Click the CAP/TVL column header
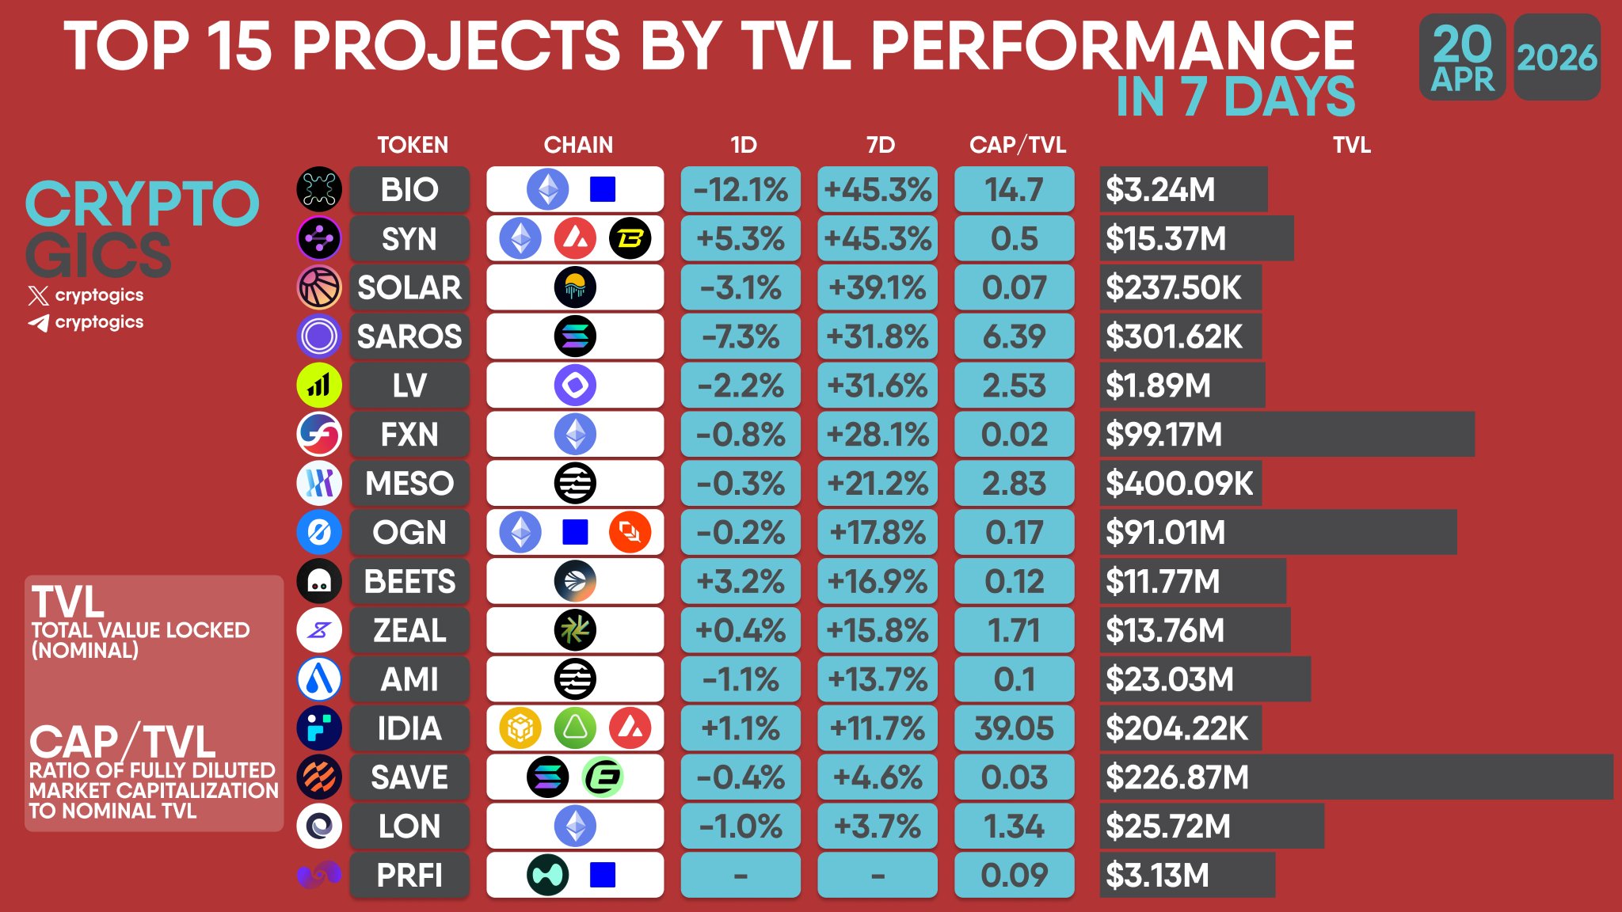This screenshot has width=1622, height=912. tap(1018, 145)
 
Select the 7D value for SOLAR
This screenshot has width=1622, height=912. tap(878, 287)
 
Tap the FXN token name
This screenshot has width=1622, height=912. tap(409, 435)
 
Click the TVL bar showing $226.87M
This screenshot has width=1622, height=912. tap(1356, 777)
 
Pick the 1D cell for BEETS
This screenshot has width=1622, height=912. tap(741, 582)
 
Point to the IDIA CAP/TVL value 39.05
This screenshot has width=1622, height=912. tap(1015, 728)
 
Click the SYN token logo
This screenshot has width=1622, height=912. tap(319, 238)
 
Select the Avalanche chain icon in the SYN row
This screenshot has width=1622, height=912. tap(575, 238)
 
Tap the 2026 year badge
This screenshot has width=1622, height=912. tap(1557, 58)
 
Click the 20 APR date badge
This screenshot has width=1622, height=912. tap(1463, 58)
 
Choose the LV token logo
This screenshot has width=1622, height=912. tap(319, 386)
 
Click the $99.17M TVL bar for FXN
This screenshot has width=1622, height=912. tap(1287, 435)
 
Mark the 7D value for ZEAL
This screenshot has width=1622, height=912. tap(878, 631)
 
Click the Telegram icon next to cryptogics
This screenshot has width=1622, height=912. tap(38, 323)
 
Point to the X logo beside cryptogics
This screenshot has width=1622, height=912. tap(38, 296)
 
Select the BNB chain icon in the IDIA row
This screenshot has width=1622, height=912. tap(520, 728)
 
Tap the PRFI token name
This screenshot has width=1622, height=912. tap(409, 876)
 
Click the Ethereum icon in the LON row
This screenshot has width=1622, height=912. tap(575, 826)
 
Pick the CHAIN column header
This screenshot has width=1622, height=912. tap(578, 145)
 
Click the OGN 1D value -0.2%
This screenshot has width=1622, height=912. tap(741, 533)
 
